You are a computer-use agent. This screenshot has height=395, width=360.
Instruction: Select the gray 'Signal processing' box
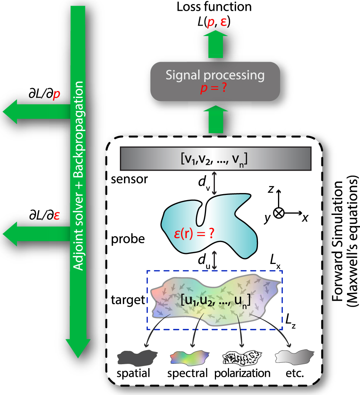point(216,81)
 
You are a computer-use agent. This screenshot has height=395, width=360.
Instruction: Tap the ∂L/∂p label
point(45,95)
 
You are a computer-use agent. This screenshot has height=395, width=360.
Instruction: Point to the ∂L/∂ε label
point(45,216)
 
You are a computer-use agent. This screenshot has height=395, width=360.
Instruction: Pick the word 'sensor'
point(129,180)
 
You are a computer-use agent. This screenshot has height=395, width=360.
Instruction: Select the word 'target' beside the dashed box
point(127,300)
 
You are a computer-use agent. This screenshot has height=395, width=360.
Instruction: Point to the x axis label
point(305,218)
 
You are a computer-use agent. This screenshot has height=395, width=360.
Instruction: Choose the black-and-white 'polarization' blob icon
point(241,358)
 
